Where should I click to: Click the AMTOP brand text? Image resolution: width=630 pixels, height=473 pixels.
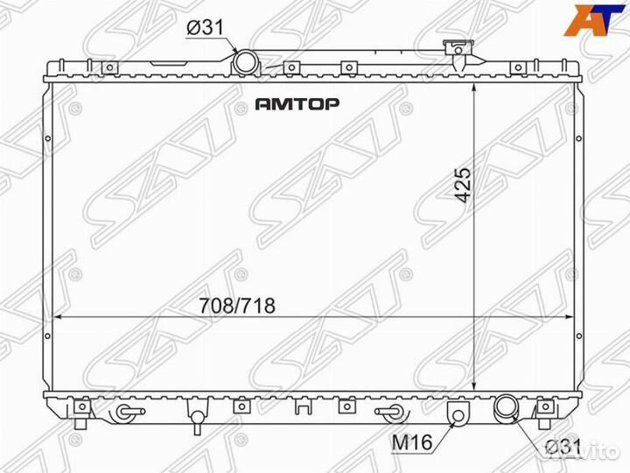coord(297,103)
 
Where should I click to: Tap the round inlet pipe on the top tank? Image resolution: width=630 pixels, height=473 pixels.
coord(246,62)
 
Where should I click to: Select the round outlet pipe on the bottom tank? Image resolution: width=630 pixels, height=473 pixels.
coord(506,407)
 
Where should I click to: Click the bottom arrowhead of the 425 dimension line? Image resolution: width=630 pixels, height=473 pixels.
coord(473,392)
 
